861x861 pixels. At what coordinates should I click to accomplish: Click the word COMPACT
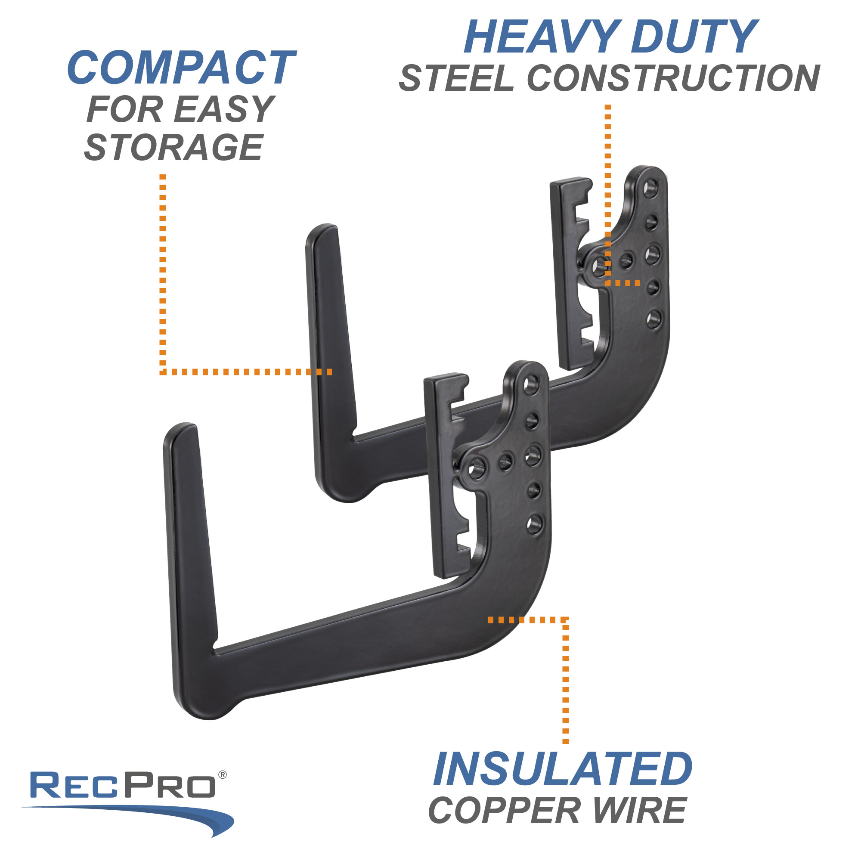pos(181,68)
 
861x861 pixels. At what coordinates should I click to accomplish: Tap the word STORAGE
pos(174,148)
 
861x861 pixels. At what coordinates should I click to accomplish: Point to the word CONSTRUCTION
pos(673,78)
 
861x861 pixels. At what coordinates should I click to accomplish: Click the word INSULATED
pos(563,770)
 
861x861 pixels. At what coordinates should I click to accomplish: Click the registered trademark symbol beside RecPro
pos(223,775)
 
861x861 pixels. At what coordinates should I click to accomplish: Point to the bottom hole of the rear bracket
pos(654,319)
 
